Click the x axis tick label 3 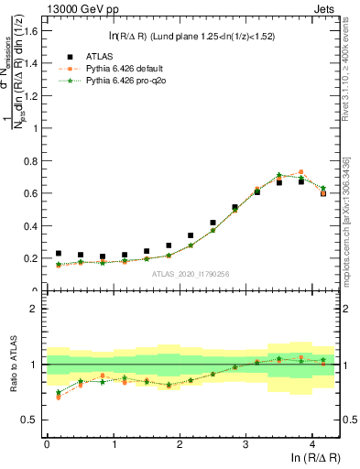pos(246,446)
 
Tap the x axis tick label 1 pos(113,446)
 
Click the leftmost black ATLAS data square pos(59,254)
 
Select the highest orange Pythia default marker pos(301,172)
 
